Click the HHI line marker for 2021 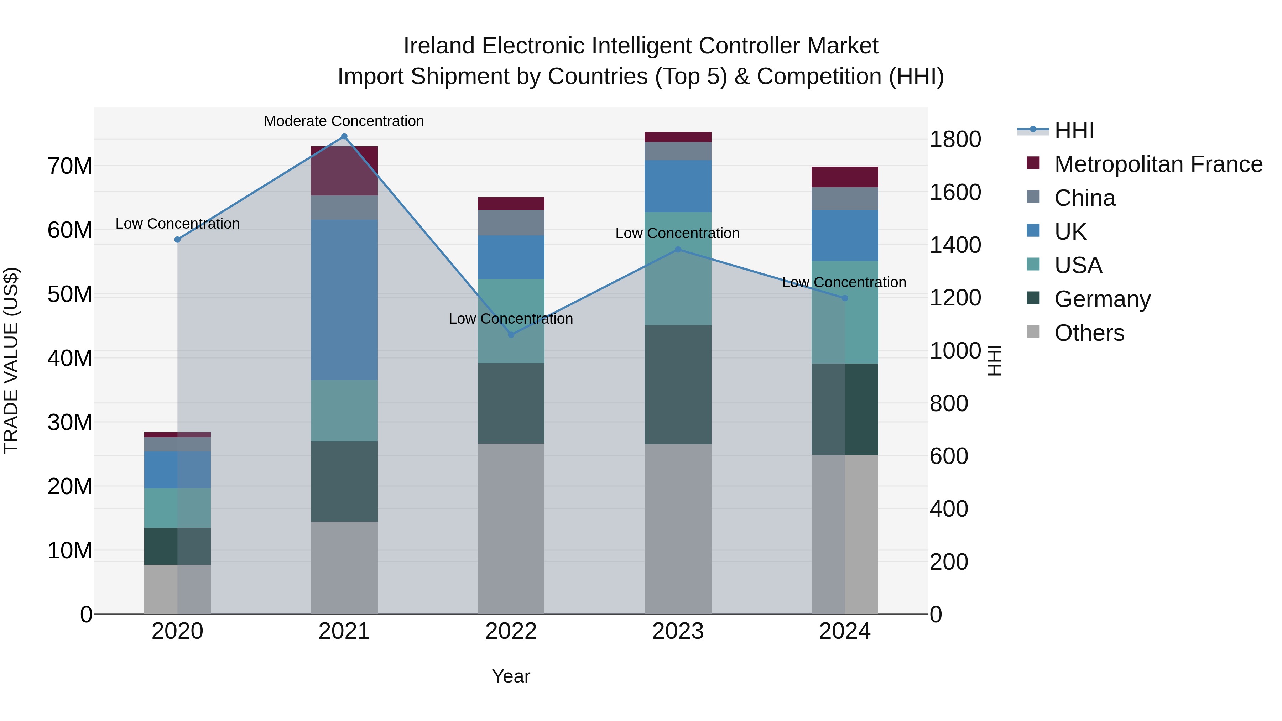tap(344, 136)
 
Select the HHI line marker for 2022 tap(511, 335)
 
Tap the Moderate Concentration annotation tap(344, 121)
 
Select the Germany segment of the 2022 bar tap(511, 403)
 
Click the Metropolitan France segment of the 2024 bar tap(845, 177)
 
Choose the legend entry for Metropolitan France tap(1158, 164)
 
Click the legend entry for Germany tap(1102, 299)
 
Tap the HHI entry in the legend tap(1074, 130)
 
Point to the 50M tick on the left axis tap(70, 294)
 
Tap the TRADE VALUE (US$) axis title tap(11, 360)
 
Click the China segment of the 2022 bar tap(511, 223)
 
